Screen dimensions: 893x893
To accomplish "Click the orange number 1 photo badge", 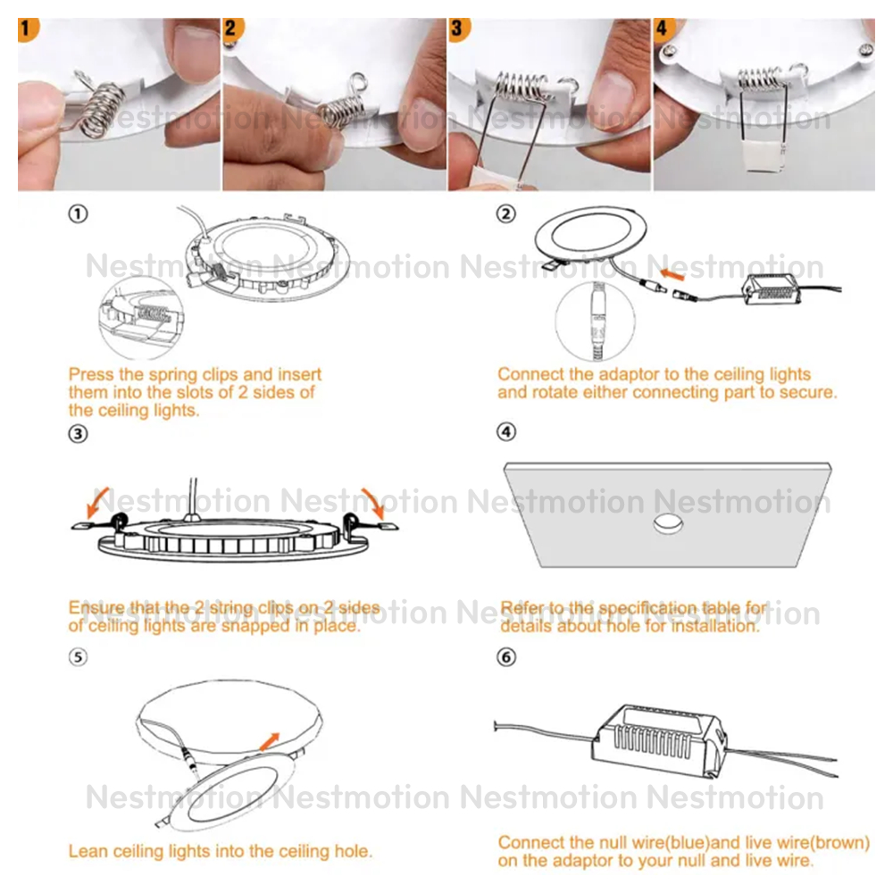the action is (x=28, y=29).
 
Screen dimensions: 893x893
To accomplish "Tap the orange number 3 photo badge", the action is (x=458, y=29).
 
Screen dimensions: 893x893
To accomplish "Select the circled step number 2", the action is (x=505, y=214).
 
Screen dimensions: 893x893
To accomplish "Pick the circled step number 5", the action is (x=78, y=657).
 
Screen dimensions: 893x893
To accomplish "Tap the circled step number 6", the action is (x=505, y=657).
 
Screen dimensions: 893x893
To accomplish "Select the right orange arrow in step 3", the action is (x=374, y=502).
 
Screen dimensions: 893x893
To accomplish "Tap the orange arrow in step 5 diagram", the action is (x=270, y=741).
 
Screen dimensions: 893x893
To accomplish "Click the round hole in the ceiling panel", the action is (x=667, y=523).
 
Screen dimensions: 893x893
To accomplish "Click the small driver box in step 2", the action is (x=771, y=288).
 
